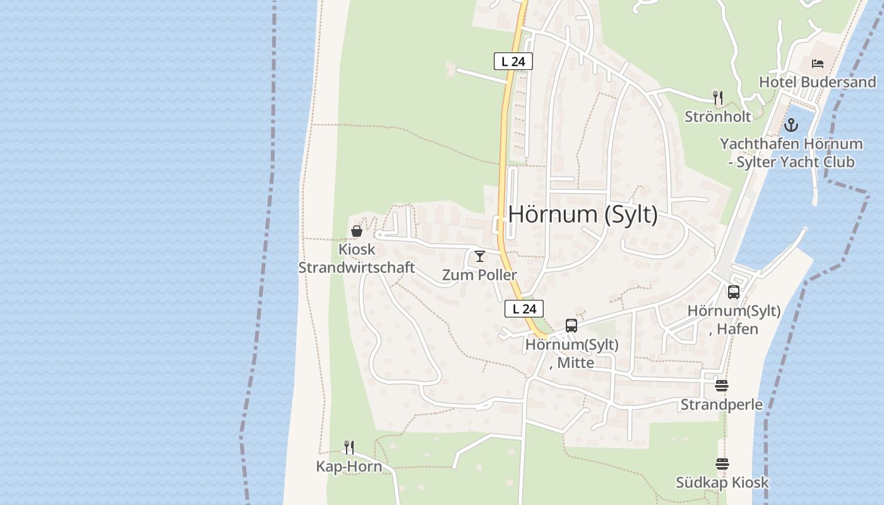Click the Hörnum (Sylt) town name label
[x=583, y=215]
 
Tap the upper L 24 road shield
[x=513, y=61]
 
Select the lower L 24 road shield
[x=524, y=309]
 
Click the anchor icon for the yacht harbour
[x=791, y=125]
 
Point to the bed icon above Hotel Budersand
[x=818, y=64]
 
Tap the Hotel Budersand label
[x=817, y=82]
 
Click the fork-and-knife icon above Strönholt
[x=717, y=97]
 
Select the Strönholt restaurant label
[x=718, y=116]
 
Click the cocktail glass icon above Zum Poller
[x=480, y=256]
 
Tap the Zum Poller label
[x=479, y=275]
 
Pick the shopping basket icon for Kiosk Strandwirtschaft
[x=357, y=231]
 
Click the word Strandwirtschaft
[x=356, y=267]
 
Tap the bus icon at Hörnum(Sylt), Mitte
[x=571, y=326]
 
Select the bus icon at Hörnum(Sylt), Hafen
[x=734, y=292]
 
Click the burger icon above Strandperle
[x=722, y=386]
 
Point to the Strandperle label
[x=721, y=404]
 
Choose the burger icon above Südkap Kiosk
[x=722, y=464]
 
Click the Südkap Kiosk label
[x=722, y=482]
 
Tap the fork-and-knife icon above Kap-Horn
[x=349, y=448]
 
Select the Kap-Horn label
[x=349, y=466]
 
